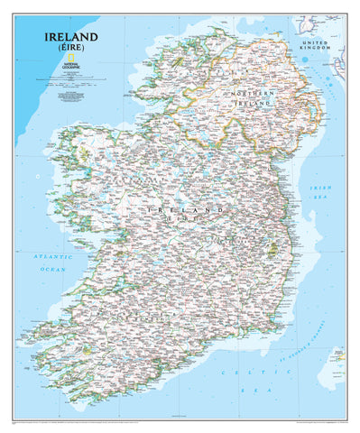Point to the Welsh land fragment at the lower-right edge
pos(337,355)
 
